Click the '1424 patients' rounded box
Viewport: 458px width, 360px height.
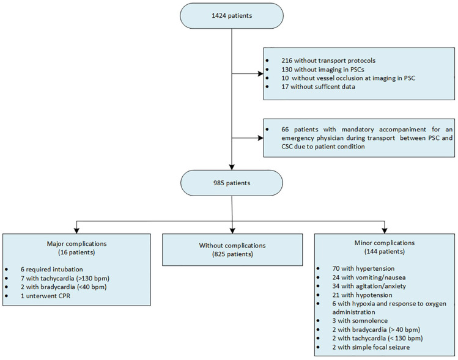click(x=232, y=16)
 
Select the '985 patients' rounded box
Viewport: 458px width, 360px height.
click(x=232, y=183)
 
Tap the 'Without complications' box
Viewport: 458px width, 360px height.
click(x=232, y=249)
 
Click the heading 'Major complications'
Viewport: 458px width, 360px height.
click(x=77, y=244)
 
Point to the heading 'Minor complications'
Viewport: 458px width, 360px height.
click(x=385, y=243)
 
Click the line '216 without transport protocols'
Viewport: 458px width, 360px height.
click(x=328, y=61)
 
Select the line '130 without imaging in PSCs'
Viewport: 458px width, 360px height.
click(x=323, y=70)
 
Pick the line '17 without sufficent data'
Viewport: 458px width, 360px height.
click(x=319, y=87)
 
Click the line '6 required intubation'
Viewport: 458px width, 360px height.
click(x=52, y=270)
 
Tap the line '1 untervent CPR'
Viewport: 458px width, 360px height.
click(x=45, y=296)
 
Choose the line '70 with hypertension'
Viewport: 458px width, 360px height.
click(x=363, y=268)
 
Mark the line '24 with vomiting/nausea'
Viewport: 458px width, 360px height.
click(x=369, y=277)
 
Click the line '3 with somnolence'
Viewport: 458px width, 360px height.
click(x=360, y=321)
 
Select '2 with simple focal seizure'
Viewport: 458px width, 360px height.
click(x=371, y=347)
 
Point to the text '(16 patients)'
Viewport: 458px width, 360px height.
click(x=77, y=252)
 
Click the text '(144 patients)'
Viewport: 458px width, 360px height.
click(x=385, y=252)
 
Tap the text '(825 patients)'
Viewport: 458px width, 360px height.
click(x=232, y=254)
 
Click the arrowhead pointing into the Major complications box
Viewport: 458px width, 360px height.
click(x=76, y=230)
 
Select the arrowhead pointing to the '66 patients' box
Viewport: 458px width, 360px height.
click(x=260, y=138)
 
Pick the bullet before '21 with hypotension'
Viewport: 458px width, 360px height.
click(x=318, y=295)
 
